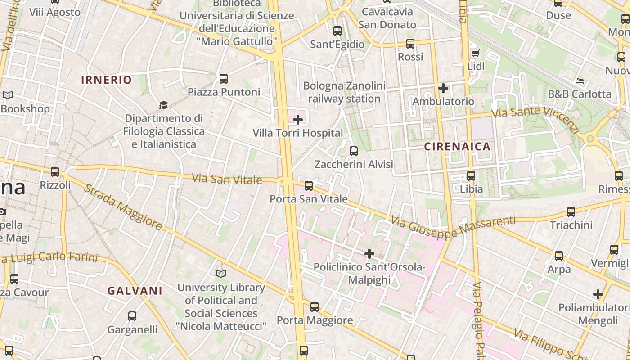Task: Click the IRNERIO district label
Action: pos(106,80)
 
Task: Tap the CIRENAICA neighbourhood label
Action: pos(457,146)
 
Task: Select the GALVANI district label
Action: pos(135,291)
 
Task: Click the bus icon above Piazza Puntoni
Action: pos(224,79)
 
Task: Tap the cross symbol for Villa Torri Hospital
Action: pos(298,120)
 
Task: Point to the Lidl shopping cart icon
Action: pos(475,54)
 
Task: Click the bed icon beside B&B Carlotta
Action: pos(580,81)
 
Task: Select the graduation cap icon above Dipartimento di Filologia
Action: pos(163,105)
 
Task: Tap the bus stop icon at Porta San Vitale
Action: pos(309,185)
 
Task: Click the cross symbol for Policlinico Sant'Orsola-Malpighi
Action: pos(369,254)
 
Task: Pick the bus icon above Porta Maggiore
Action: pos(315,307)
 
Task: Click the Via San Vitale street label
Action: pos(227,179)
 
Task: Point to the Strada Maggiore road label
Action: pos(122,207)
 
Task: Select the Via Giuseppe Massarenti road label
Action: pos(453,226)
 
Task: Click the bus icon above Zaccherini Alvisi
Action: pos(354,151)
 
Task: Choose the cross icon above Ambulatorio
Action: pos(443,88)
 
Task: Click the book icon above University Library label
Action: pos(220,274)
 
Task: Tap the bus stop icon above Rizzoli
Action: pos(55,172)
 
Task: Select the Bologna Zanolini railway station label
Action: pos(344,92)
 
